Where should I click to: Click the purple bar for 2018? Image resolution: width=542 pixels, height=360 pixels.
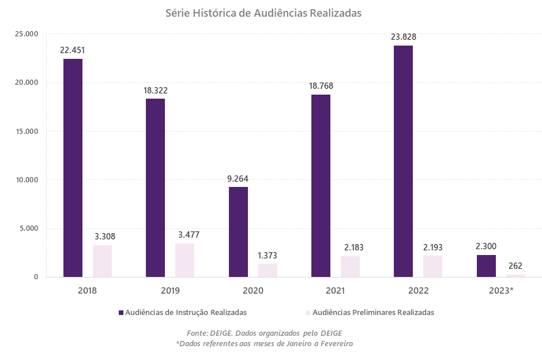tap(73, 167)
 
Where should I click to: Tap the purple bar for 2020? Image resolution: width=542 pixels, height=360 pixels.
tap(238, 231)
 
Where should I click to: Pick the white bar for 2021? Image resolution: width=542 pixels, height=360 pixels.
tap(350, 267)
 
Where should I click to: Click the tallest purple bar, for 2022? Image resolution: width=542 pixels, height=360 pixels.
tap(403, 161)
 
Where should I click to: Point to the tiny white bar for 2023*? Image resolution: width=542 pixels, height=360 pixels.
tap(515, 276)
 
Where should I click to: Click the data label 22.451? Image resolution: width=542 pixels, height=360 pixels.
tap(72, 50)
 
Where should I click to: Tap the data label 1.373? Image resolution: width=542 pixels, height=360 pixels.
tap(267, 255)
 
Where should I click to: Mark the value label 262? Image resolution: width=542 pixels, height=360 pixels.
tap(515, 266)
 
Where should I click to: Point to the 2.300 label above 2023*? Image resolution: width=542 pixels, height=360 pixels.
tap(486, 246)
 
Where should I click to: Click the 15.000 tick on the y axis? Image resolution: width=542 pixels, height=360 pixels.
tap(26, 131)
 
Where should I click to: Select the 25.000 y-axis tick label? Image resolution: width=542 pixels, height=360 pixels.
tap(26, 34)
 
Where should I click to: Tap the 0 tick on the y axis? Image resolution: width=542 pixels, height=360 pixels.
tap(35, 277)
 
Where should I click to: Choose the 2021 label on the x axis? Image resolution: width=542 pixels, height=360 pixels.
tap(334, 290)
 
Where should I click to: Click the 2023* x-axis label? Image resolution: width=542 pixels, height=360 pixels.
tap(500, 290)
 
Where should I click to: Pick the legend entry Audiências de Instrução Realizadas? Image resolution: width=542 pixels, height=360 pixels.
tap(186, 312)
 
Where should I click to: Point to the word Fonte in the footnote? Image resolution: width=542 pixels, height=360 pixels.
tap(197, 333)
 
